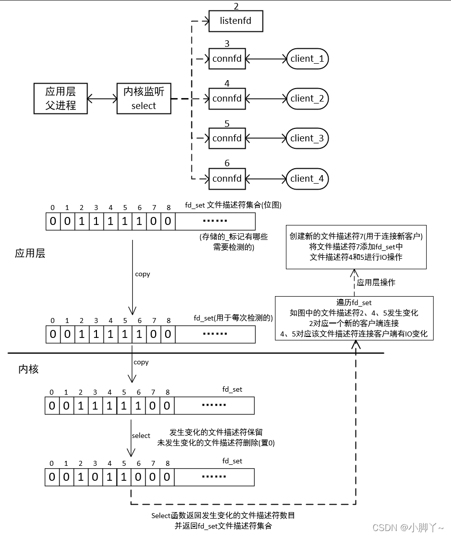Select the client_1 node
(307, 59)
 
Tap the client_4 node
(307, 179)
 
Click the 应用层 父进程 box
(61, 98)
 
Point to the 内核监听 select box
(144, 98)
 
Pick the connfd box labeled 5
(227, 138)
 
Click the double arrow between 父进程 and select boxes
(102, 99)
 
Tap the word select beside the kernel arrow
(141, 435)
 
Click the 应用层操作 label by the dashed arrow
(376, 282)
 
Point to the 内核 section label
(28, 369)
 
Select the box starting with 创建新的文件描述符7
(356, 247)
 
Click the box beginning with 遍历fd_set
(354, 318)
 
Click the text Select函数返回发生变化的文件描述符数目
(226, 516)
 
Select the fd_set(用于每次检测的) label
(233, 318)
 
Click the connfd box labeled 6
(227, 179)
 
